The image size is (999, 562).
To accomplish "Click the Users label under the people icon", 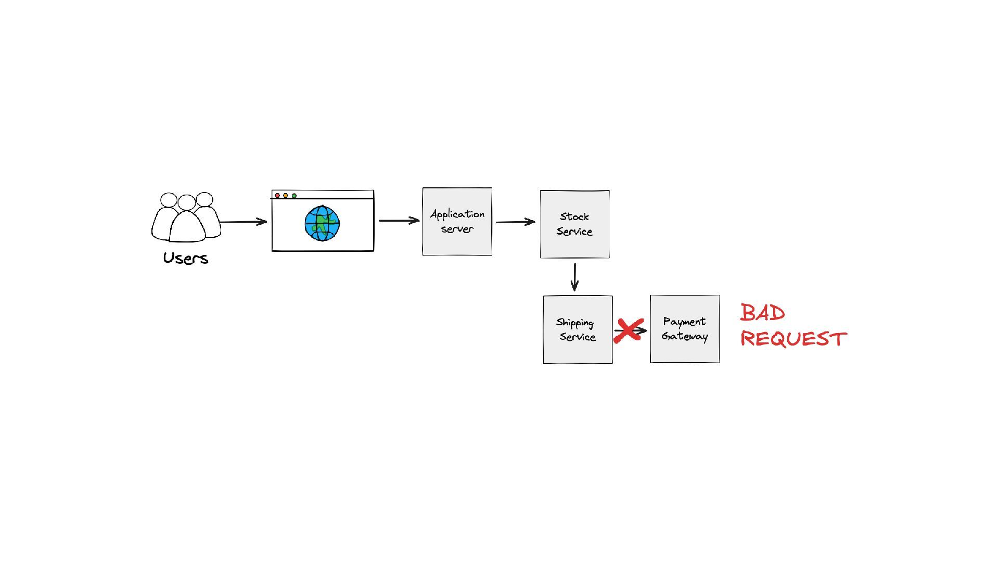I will click(x=186, y=258).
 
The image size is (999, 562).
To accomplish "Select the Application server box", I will click(x=457, y=222).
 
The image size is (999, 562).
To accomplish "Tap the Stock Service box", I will click(x=574, y=224).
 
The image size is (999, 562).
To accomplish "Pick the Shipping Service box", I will click(x=578, y=330).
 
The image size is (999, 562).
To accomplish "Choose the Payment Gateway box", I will click(x=685, y=329).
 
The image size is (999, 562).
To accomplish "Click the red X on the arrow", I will click(x=628, y=331).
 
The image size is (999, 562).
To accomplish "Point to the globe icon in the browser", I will click(x=322, y=223).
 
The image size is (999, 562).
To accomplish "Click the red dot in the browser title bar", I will click(x=277, y=196).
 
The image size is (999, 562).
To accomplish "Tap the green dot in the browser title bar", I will click(x=294, y=196).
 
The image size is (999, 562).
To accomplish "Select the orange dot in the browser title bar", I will click(x=286, y=196).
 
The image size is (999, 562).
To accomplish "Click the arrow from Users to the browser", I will click(x=244, y=222).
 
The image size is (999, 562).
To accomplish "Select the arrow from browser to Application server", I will click(x=399, y=221).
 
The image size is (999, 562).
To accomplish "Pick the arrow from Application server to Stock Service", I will click(x=515, y=222).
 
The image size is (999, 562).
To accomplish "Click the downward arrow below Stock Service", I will click(x=574, y=277).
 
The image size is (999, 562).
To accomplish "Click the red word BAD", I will click(x=762, y=313).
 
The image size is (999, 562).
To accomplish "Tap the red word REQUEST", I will click(x=793, y=339).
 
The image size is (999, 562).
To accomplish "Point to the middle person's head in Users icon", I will click(x=186, y=202).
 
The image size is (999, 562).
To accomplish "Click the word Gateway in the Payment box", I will click(x=685, y=337).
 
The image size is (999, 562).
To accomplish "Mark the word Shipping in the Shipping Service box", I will click(x=575, y=323).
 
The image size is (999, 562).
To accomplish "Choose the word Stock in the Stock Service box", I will click(x=574, y=216).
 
